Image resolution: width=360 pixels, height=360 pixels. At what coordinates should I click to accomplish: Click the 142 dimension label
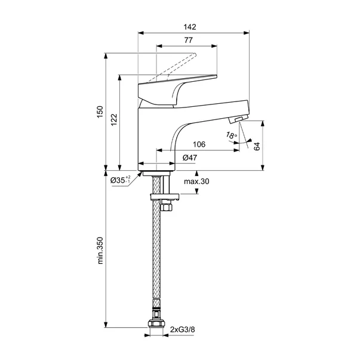click(190, 27)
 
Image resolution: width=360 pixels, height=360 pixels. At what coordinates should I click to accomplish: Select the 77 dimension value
click(189, 40)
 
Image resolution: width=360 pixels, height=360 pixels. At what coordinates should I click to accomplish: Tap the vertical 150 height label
click(100, 112)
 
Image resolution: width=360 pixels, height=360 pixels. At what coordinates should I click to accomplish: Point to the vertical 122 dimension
click(114, 119)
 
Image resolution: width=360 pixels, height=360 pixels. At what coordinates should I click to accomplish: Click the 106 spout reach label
click(199, 144)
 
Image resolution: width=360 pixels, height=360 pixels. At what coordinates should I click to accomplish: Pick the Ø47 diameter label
click(190, 158)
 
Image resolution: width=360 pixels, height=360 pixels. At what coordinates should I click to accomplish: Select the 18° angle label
click(232, 136)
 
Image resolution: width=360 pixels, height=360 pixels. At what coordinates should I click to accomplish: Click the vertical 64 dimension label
click(257, 146)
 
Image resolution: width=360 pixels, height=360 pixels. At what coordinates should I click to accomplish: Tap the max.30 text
click(196, 181)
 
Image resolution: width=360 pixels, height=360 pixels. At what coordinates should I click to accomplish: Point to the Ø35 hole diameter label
click(121, 180)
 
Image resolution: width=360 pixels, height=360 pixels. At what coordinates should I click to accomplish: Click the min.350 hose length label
click(100, 251)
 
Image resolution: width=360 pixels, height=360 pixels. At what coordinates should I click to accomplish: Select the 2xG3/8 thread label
click(183, 330)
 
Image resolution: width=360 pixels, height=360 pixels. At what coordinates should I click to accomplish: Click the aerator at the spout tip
click(238, 119)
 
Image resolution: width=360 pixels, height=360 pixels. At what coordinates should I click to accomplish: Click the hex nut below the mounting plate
click(166, 206)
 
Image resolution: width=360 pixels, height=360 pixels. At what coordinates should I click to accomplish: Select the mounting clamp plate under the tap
click(164, 197)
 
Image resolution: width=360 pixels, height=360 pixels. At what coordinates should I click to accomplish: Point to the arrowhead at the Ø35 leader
click(140, 174)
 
